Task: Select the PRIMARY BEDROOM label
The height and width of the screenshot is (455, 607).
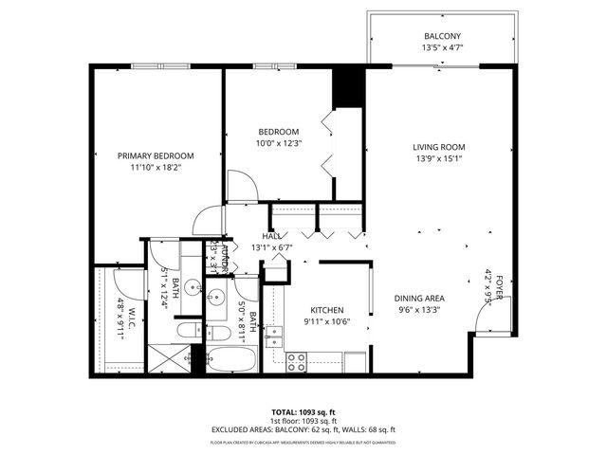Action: [x=156, y=155]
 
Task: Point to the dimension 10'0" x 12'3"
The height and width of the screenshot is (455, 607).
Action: [x=279, y=144]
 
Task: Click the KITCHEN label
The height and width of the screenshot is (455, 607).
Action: [x=326, y=310]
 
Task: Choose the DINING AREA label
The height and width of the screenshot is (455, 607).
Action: [x=419, y=299]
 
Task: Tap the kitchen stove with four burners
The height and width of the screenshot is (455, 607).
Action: [x=296, y=361]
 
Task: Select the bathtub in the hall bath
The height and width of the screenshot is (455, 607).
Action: [x=231, y=360]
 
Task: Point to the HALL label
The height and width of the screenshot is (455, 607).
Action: [x=271, y=236]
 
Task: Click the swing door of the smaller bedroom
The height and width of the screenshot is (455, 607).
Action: [x=245, y=188]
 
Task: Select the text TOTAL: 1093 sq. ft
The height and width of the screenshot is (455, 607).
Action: [x=303, y=412]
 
